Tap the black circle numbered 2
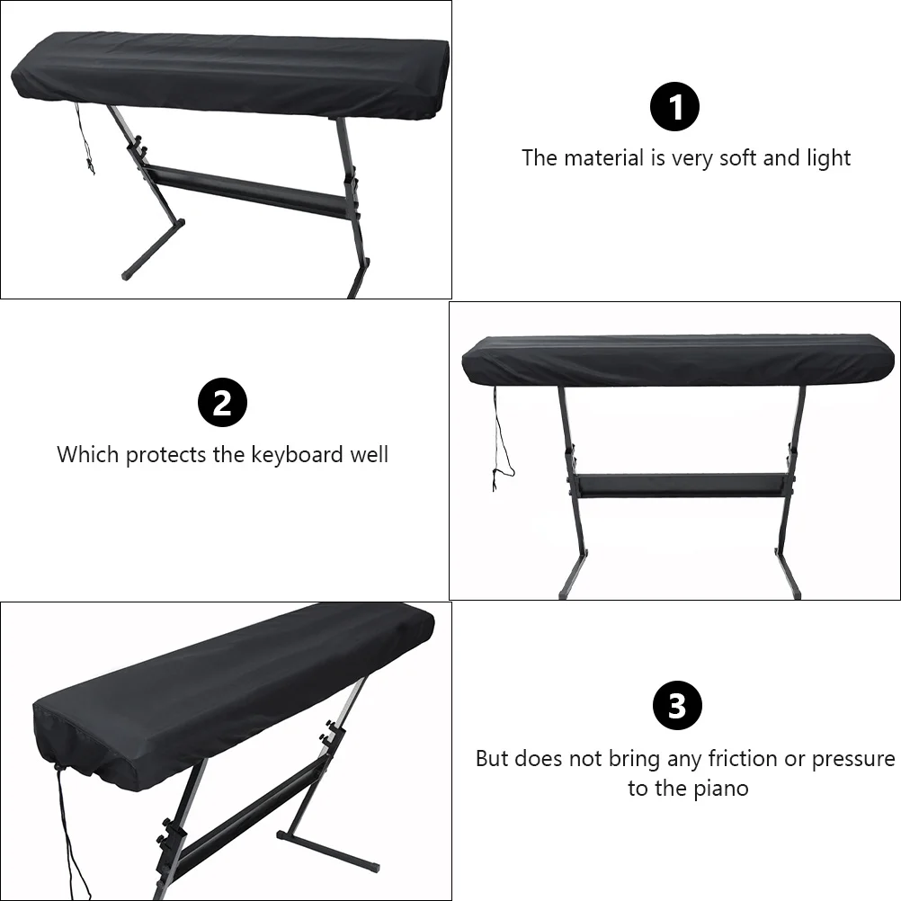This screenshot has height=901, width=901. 222,404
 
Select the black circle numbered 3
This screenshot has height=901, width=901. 676,706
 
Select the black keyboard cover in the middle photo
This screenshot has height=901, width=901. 679,361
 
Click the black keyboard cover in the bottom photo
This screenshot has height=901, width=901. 225,692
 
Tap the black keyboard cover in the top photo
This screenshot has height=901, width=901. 229,76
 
